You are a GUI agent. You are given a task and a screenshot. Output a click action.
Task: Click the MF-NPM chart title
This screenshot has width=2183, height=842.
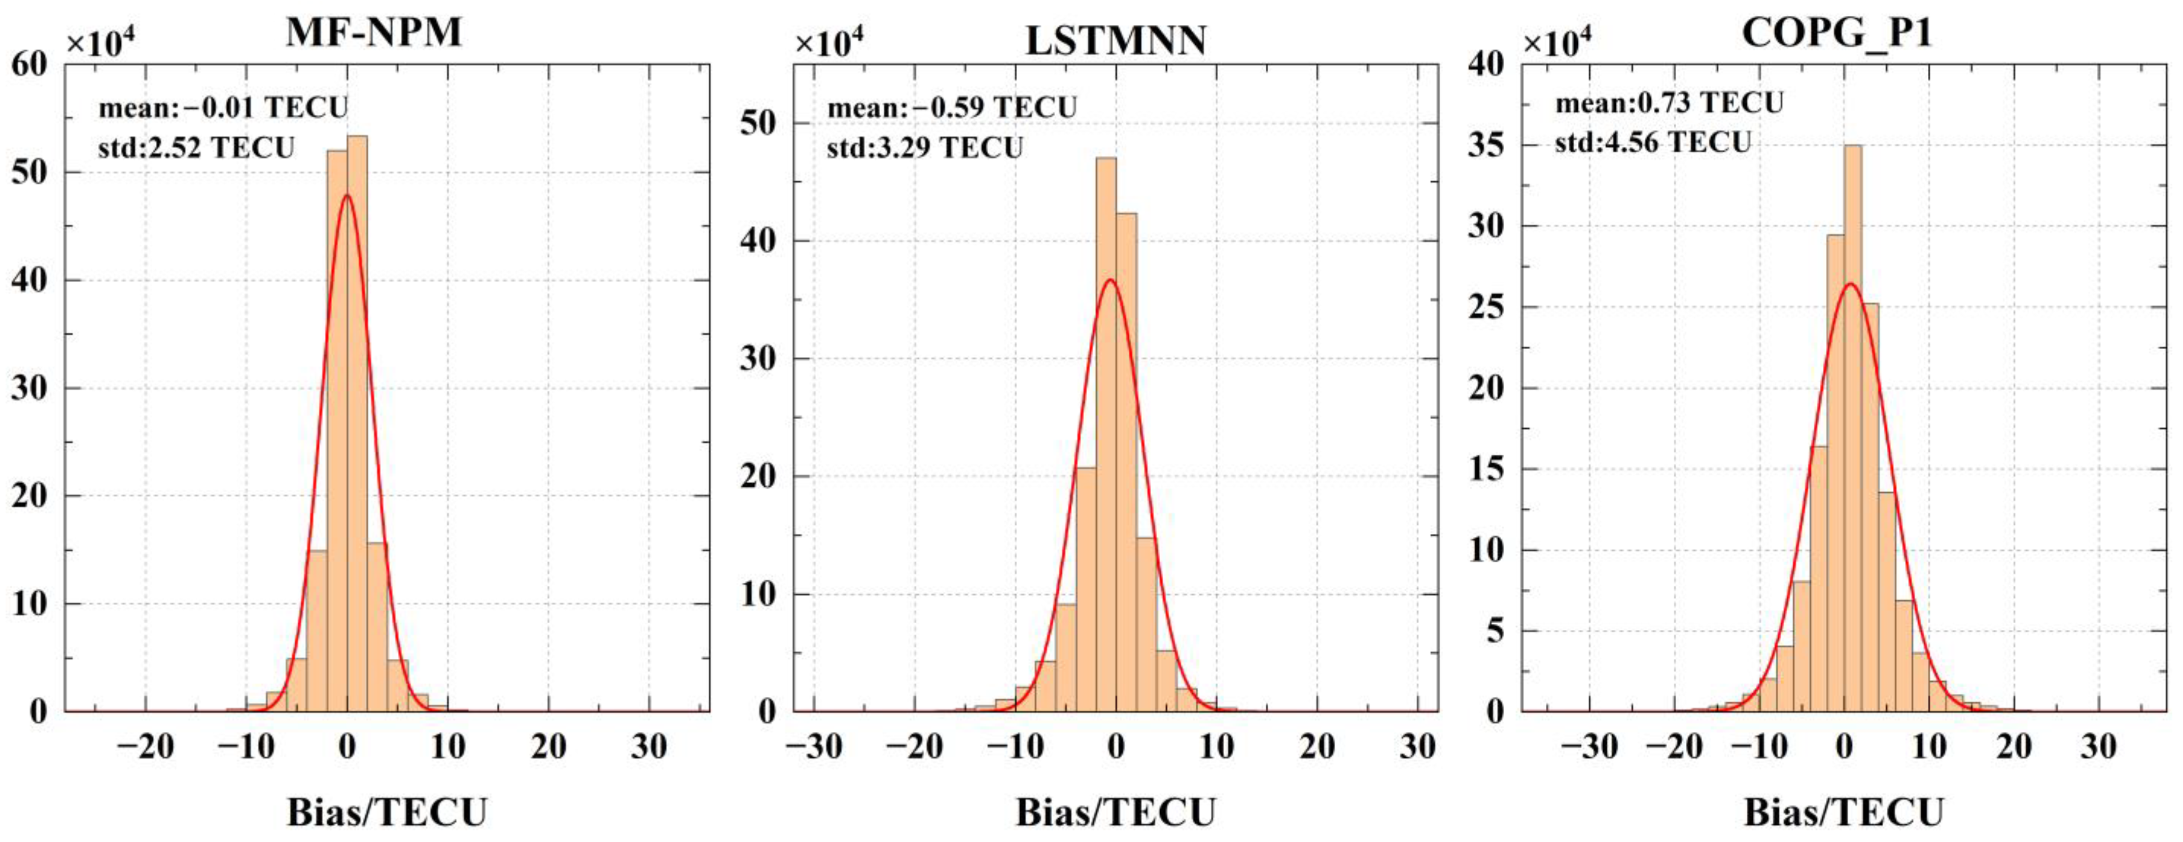point(374,32)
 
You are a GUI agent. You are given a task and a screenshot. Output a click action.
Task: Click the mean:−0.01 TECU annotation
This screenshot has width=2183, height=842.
point(223,108)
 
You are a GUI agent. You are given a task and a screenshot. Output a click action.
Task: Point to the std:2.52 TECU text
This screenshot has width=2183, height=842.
point(196,148)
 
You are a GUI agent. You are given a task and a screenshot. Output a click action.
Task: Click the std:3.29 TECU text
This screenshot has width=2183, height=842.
point(924,148)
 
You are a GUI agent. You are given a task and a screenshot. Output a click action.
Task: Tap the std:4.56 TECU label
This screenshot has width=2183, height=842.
point(1652,142)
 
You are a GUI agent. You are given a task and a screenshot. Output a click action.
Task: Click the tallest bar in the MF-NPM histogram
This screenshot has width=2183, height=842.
point(357,424)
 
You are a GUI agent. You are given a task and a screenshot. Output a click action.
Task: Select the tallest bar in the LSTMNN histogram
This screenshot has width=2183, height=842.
point(1106,432)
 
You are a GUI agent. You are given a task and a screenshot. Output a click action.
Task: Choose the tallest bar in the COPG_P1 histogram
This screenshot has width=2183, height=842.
point(1853,424)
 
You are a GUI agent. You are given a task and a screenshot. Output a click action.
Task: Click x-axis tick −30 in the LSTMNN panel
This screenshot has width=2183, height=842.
point(814,747)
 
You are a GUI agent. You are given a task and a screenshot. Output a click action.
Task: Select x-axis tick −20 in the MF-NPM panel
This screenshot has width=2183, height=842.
point(145,747)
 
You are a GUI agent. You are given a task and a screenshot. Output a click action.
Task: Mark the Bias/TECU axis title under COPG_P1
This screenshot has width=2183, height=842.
point(1843,813)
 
